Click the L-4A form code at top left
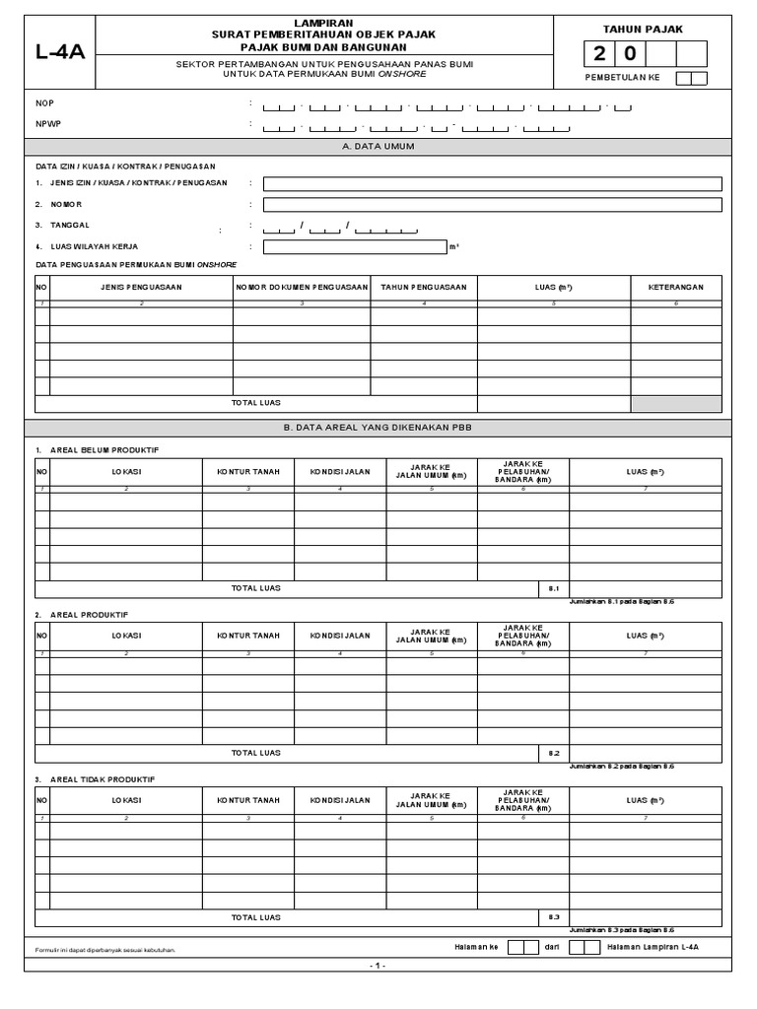click(60, 52)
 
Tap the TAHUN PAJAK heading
click(642, 31)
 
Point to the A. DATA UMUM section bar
click(378, 146)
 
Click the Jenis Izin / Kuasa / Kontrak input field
click(492, 183)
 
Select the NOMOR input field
click(492, 205)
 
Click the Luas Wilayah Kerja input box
click(354, 247)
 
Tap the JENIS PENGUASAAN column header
click(141, 287)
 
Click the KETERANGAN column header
click(676, 287)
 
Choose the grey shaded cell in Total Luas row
click(676, 403)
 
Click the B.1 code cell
click(553, 588)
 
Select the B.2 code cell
click(553, 753)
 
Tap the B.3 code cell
click(553, 917)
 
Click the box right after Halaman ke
click(516, 947)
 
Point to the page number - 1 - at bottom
click(378, 967)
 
